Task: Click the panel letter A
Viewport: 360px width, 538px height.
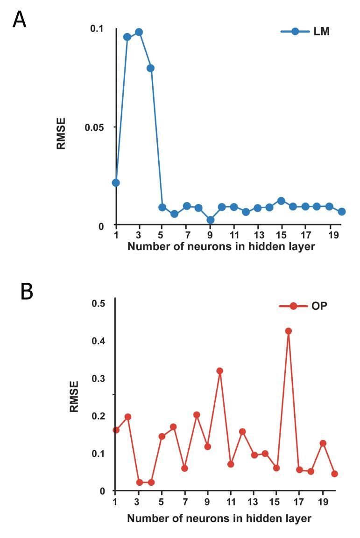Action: click(x=19, y=20)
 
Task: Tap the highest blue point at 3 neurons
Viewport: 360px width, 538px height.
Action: click(x=139, y=32)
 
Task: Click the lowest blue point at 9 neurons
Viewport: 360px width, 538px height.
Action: click(x=210, y=220)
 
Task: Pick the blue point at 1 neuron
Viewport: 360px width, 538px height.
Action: click(x=116, y=182)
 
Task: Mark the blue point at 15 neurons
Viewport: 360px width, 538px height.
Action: click(x=281, y=201)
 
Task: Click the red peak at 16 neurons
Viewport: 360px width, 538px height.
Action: click(x=288, y=331)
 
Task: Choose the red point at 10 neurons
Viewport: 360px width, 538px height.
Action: click(x=219, y=371)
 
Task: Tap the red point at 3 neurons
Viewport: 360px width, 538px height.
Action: click(x=140, y=482)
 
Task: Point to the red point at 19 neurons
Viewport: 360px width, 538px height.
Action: click(x=323, y=443)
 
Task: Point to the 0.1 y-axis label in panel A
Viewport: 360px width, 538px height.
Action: click(x=97, y=28)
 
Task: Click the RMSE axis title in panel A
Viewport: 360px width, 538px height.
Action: click(x=61, y=133)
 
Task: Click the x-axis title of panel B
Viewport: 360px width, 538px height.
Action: click(x=219, y=518)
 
